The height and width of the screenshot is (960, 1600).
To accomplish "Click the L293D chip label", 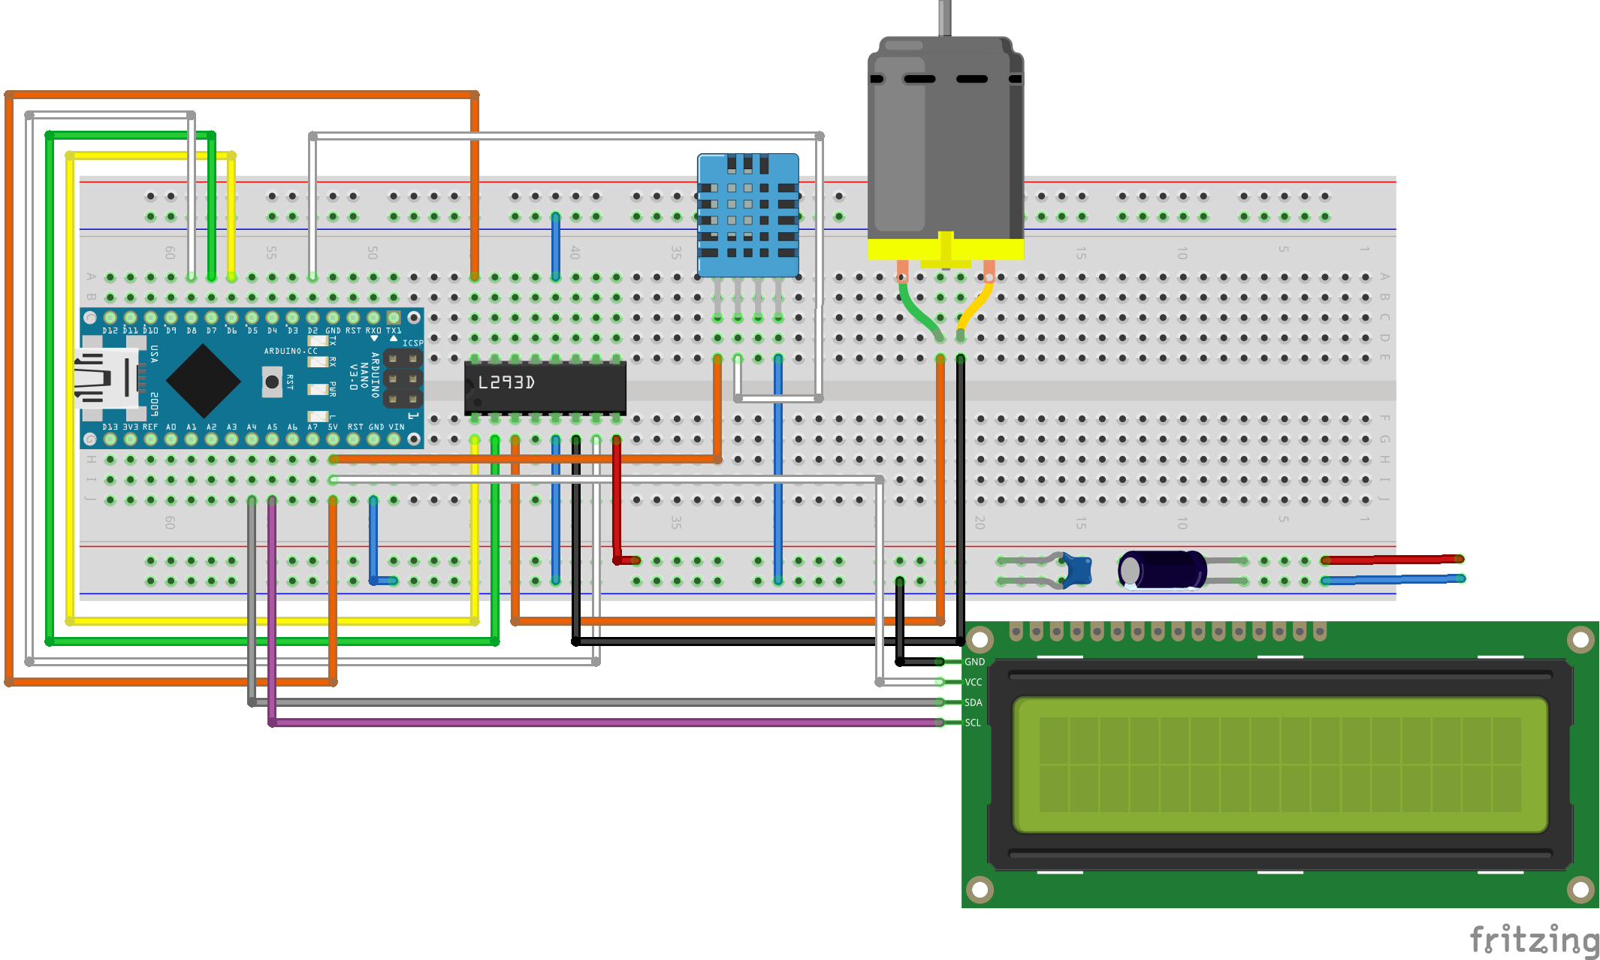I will pos(506,382).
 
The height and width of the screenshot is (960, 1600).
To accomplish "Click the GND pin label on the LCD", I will pos(974,662).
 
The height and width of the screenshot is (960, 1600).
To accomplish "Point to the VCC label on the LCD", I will pos(974,682).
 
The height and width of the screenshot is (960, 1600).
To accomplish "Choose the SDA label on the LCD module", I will pos(974,702).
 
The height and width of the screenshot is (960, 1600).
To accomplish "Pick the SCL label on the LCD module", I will pos(973,723).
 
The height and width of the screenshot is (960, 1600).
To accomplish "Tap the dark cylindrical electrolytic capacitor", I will pos(1161,570).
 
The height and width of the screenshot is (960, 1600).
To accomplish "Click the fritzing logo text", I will pos(1533,940).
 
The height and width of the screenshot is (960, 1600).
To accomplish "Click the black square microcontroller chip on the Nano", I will pos(203,381).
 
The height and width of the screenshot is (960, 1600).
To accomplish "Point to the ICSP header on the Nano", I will pos(403,378).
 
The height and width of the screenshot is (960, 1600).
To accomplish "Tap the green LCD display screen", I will pos(1280,765).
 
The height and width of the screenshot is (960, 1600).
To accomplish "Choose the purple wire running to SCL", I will pos(601,723).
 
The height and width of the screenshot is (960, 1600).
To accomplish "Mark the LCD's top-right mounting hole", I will pos(1580,639).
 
